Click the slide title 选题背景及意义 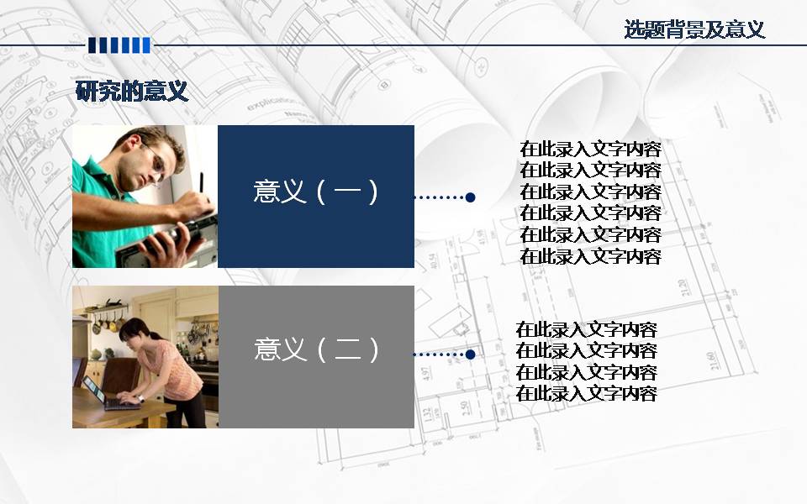pyautogui.click(x=694, y=30)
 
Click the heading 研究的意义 pyautogui.click(x=132, y=92)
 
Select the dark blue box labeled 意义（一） pyautogui.click(x=316, y=197)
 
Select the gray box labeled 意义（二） pyautogui.click(x=316, y=357)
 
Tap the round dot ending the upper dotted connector pyautogui.click(x=470, y=197)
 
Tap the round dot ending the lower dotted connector pyautogui.click(x=470, y=354)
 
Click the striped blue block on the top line pyautogui.click(x=119, y=45)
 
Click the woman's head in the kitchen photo pyautogui.click(x=134, y=331)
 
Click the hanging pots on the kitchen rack pyautogui.click(x=108, y=322)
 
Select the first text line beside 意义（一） pyautogui.click(x=590, y=150)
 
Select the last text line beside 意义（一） pyautogui.click(x=590, y=256)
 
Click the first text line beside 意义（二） pyautogui.click(x=586, y=329)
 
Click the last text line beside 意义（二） pyautogui.click(x=586, y=393)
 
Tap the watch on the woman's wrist pyautogui.click(x=140, y=399)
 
